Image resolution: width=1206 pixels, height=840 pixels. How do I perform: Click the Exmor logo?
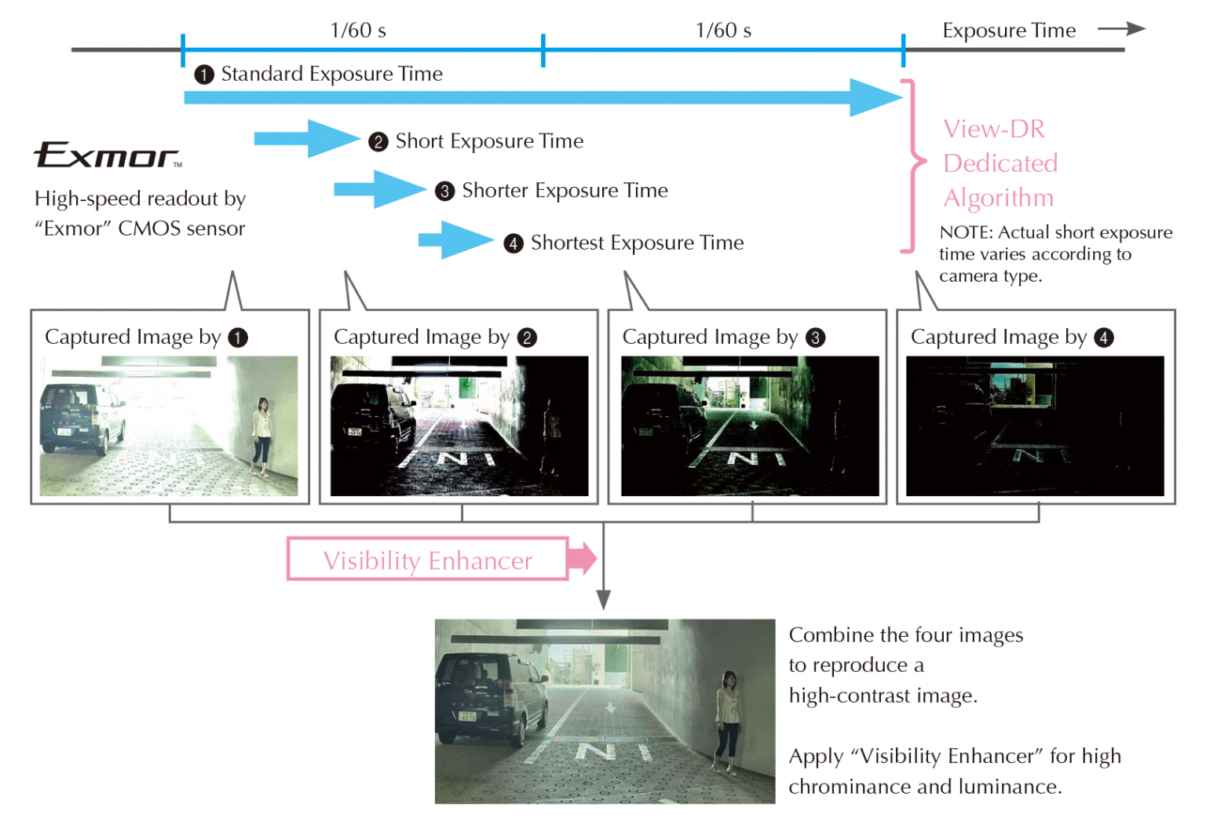[x=107, y=155]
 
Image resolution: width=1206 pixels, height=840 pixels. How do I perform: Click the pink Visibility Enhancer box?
[x=428, y=560]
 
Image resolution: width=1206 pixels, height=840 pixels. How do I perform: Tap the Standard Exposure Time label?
[x=331, y=74]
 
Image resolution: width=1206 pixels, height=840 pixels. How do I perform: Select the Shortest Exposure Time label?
[x=637, y=243]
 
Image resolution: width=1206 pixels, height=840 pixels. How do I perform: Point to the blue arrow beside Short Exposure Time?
[x=306, y=139]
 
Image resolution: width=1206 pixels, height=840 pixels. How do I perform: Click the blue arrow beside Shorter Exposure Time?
[x=380, y=189]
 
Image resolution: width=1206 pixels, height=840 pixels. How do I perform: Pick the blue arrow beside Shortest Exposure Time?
[x=455, y=240]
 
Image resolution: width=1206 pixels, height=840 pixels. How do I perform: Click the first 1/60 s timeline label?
[x=358, y=31]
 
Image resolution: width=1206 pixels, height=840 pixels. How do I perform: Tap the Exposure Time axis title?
[x=1009, y=31]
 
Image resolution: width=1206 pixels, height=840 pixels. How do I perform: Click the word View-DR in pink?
[x=994, y=129]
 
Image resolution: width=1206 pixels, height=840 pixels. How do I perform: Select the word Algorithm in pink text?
[x=998, y=198]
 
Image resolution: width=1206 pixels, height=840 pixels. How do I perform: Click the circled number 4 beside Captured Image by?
[x=1104, y=338]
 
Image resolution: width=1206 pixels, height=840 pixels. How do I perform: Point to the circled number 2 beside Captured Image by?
[x=527, y=338]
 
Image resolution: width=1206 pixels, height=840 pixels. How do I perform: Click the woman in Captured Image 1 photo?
[x=261, y=434]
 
